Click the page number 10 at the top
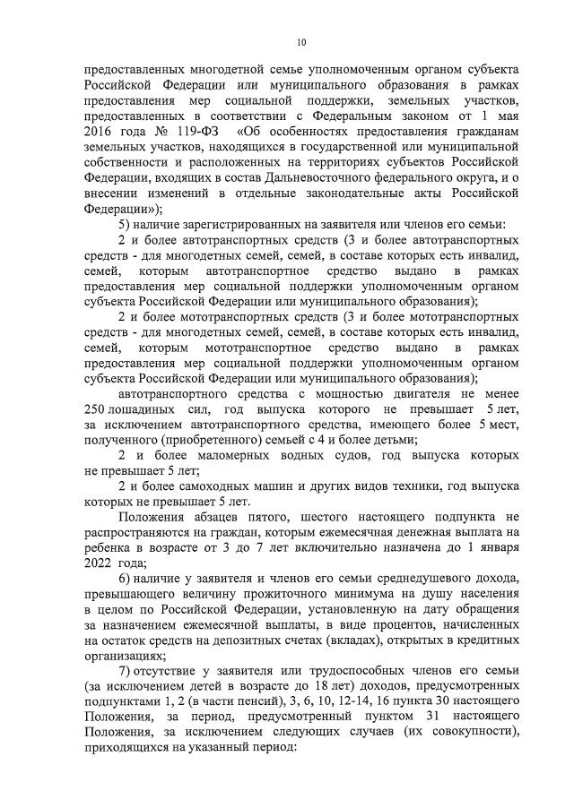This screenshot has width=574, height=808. pos(301,42)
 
